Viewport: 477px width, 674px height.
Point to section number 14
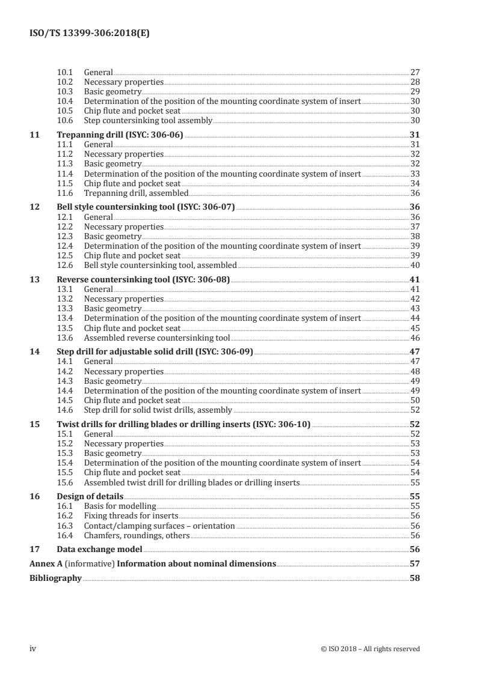tap(34, 352)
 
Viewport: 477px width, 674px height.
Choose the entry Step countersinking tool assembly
tap(148, 120)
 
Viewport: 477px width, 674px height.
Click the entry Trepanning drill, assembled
tap(136, 193)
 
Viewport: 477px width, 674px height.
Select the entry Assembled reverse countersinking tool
tap(157, 338)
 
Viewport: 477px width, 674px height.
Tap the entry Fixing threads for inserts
tap(131, 516)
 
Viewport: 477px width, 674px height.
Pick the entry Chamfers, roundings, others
tap(137, 535)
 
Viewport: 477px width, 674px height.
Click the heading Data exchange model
tap(99, 550)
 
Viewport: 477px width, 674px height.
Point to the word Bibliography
tap(55, 578)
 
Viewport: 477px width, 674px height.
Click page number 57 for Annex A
tap(414, 564)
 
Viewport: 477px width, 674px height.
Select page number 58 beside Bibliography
tap(414, 578)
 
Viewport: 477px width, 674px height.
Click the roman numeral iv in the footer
tap(33, 648)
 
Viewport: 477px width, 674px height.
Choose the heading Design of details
tap(90, 497)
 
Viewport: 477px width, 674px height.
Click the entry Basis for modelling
tap(120, 506)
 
